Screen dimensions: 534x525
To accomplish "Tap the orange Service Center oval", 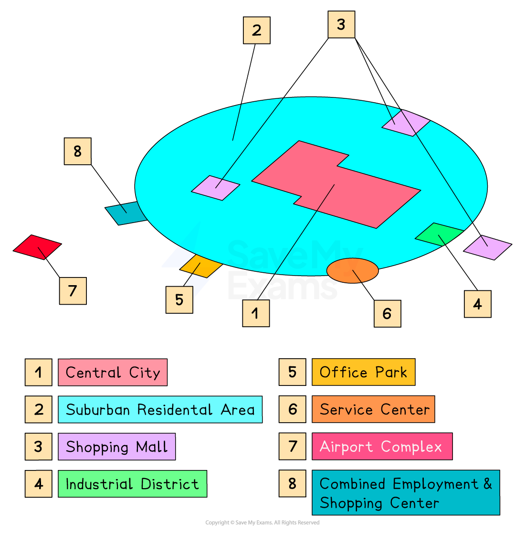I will click(x=352, y=270).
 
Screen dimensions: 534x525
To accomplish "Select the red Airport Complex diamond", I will click(x=37, y=247).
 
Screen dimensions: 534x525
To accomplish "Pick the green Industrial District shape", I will click(x=438, y=234).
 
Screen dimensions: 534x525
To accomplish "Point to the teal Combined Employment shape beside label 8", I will click(x=125, y=213).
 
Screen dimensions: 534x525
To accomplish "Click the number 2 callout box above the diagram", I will click(x=257, y=31).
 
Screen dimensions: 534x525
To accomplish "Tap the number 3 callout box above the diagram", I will click(x=341, y=24).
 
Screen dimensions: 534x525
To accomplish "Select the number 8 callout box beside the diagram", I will click(x=77, y=151).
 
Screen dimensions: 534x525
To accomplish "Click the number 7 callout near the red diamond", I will click(x=73, y=291).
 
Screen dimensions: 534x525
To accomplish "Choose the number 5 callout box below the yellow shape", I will click(x=179, y=299).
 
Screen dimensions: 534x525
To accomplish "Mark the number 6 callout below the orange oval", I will click(x=387, y=314).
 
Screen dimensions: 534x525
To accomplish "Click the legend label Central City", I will click(x=113, y=373).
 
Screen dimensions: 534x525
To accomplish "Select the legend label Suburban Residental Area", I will click(x=160, y=410).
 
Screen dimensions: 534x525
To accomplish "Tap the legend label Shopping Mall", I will click(x=116, y=447).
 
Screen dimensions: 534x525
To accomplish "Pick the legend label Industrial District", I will click(x=132, y=484).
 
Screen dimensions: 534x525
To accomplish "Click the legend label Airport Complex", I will click(x=382, y=447).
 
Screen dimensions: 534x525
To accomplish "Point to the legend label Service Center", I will click(x=373, y=410).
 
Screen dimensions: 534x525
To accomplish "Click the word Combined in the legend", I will click(x=352, y=484).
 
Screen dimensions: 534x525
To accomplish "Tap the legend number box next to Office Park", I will click(x=293, y=373).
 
